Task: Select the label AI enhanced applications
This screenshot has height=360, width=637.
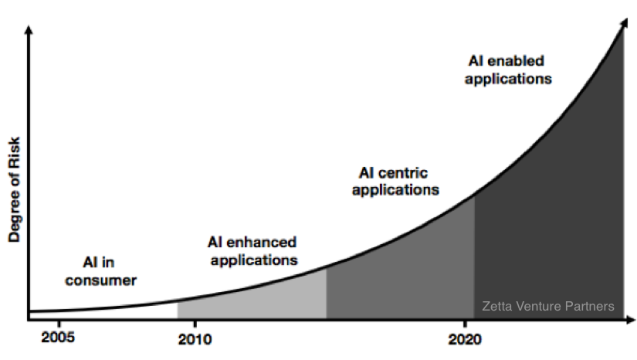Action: (253, 251)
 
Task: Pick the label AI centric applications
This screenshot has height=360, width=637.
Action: (395, 180)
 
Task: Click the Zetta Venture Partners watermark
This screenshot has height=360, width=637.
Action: (547, 306)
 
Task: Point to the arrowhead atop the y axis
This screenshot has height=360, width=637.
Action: (29, 31)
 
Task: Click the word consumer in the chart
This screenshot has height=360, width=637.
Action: (100, 280)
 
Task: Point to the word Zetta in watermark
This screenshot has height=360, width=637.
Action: (496, 306)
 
